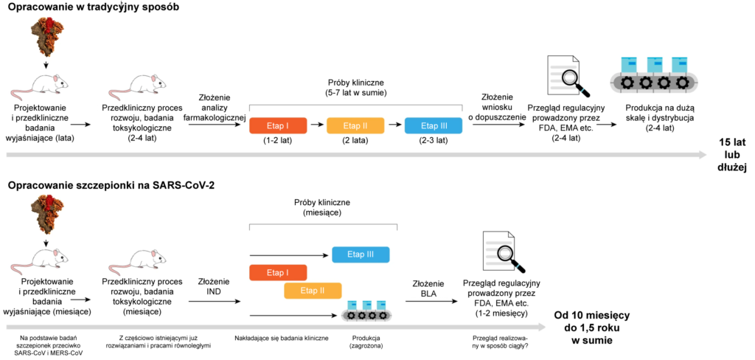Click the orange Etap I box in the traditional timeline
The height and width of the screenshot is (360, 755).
(278, 125)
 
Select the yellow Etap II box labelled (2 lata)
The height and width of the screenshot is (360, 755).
(355, 125)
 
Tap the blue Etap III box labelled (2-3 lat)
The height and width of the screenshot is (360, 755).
(434, 125)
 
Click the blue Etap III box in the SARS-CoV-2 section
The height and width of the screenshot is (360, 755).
(361, 254)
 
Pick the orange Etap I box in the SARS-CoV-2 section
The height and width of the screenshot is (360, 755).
(278, 272)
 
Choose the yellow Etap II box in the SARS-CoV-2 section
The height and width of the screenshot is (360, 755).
(313, 290)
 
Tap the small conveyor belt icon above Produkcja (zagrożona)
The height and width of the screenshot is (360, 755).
(367, 311)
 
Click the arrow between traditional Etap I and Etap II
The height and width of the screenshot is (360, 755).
(317, 125)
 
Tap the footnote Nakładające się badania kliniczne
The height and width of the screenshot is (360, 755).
(282, 339)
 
